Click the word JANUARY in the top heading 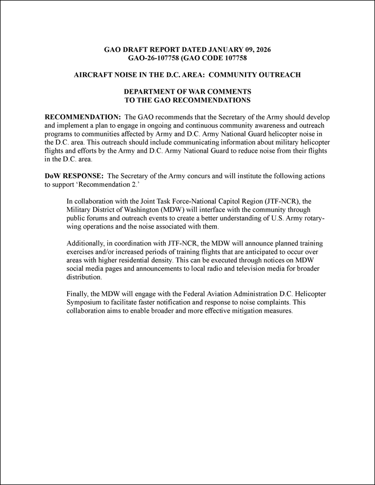(x=218, y=49)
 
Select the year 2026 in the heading (x=261, y=49)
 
